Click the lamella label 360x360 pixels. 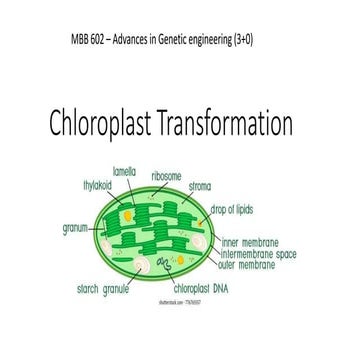[x=124, y=171]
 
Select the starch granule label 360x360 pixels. [x=99, y=288]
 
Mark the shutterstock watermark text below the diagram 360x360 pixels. [x=178, y=301]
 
